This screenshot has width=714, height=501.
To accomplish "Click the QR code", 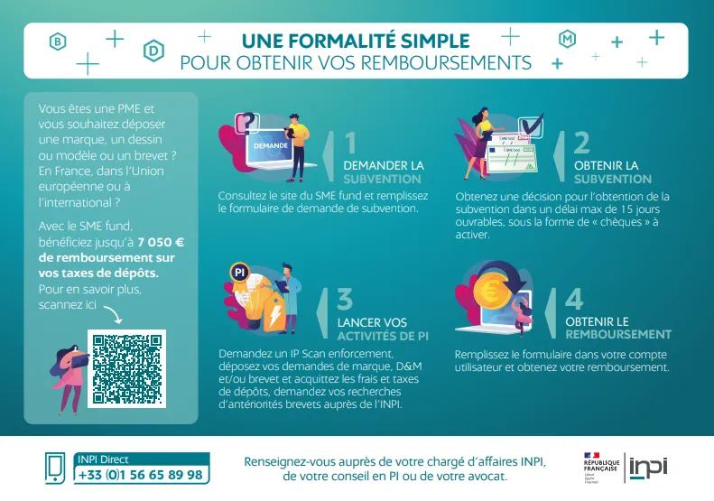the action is click(x=126, y=369).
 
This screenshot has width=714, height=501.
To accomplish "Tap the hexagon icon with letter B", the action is click(x=58, y=42).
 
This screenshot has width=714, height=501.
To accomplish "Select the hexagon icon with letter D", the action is click(x=154, y=51).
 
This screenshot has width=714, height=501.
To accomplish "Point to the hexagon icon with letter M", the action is click(x=568, y=39).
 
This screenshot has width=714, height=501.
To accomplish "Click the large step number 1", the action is click(x=350, y=143).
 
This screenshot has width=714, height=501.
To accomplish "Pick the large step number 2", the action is click(x=581, y=143).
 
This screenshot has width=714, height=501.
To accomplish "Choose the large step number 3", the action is click(x=345, y=299).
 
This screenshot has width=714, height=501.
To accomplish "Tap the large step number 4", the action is click(x=574, y=299).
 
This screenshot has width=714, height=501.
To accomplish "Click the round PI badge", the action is click(x=239, y=273).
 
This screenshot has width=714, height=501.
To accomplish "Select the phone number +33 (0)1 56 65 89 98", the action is click(x=141, y=475).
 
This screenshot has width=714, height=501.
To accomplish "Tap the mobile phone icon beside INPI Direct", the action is click(x=55, y=469).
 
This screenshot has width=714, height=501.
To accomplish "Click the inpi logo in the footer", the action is click(x=648, y=469).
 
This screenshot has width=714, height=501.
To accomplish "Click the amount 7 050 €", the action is click(x=161, y=242).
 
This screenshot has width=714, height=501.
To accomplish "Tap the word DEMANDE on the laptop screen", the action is click(x=271, y=145).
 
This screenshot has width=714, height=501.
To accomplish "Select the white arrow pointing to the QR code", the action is click(x=115, y=314).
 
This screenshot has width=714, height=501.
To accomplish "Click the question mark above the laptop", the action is click(x=247, y=122).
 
